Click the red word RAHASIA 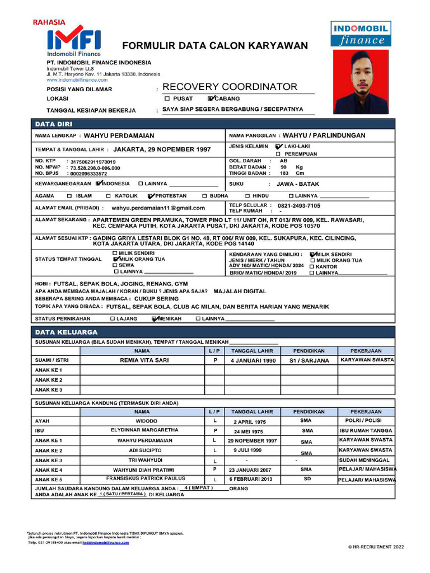(49, 23)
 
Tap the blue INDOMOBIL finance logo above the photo (361, 34)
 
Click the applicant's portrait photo (361, 82)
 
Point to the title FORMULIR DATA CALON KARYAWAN (215, 45)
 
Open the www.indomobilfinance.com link (77, 80)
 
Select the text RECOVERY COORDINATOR (230, 87)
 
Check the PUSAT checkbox (167, 98)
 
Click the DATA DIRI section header (53, 124)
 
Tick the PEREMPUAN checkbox (278, 154)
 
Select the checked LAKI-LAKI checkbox (279, 146)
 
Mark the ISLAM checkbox (69, 196)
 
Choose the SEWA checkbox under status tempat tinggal (115, 265)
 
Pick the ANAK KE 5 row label (49, 480)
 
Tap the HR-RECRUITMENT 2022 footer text (376, 547)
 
